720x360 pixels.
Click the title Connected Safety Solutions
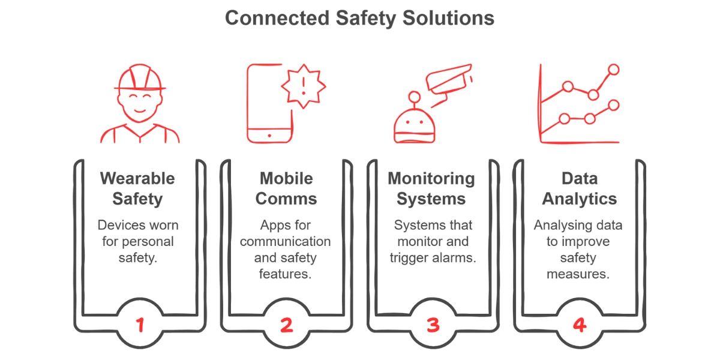point(359,18)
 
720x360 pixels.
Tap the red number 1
point(140,325)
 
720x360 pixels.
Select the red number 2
point(286,325)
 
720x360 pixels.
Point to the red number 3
point(433,325)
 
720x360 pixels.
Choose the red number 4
point(579,325)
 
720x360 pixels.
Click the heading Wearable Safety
point(137,188)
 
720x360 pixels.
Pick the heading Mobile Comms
point(286,188)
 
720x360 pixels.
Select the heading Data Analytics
point(580,188)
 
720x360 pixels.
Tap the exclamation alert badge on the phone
point(304,86)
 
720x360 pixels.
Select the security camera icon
point(448,80)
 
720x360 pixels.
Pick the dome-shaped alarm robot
point(414,124)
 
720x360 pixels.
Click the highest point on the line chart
point(613,70)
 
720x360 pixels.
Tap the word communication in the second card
point(286,242)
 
